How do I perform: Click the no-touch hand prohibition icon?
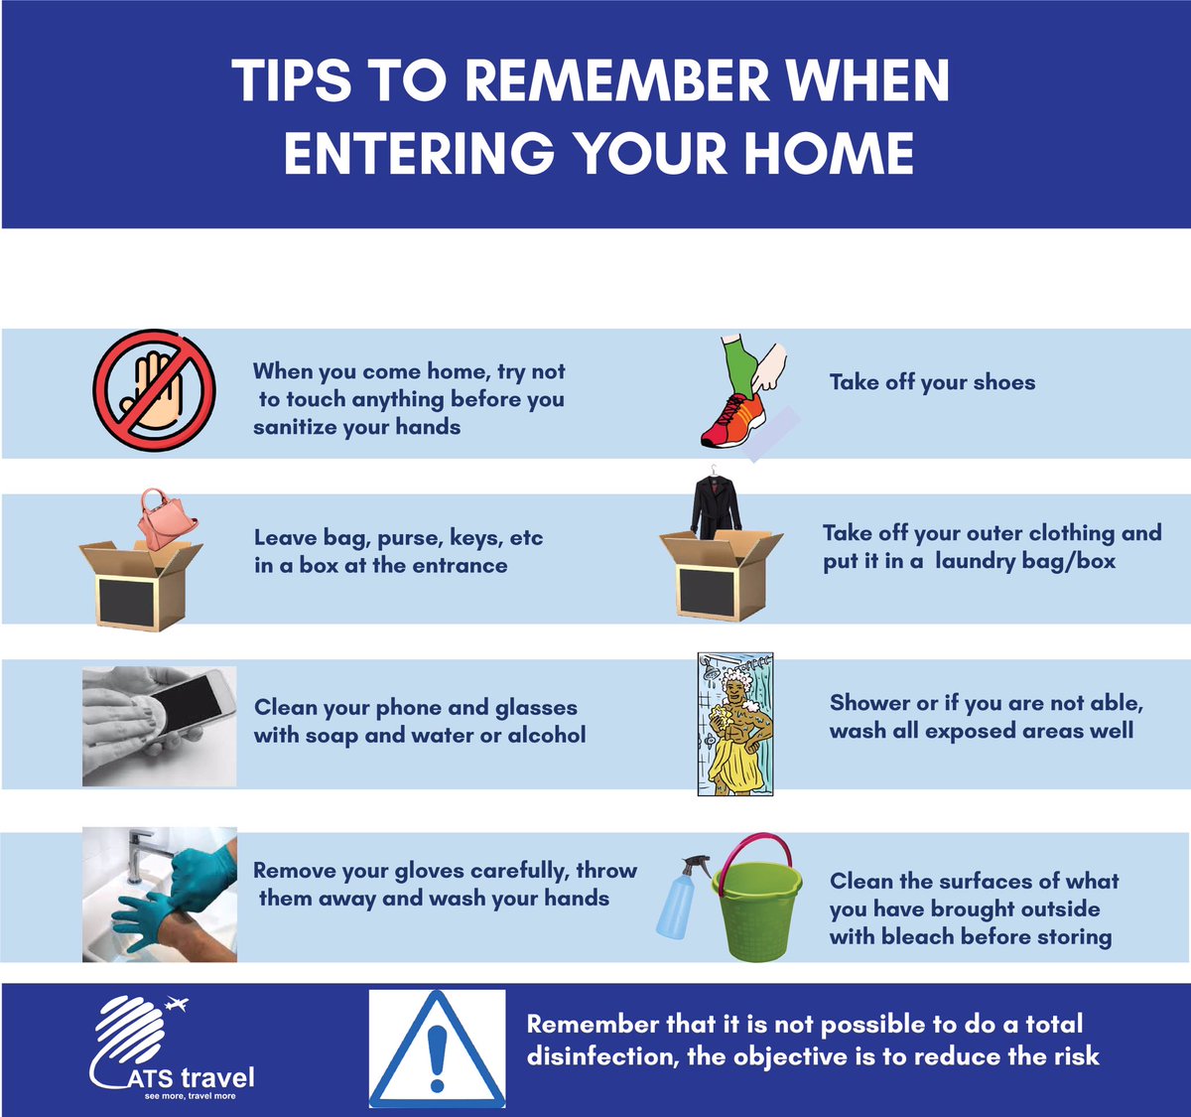pos(155,390)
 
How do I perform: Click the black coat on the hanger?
pos(715,506)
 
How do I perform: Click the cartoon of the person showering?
pos(735,724)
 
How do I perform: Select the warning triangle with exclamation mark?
pos(437,1047)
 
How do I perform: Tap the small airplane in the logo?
pos(176,1005)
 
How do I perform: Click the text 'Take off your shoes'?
pos(932,382)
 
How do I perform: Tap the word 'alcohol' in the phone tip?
pos(547,736)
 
